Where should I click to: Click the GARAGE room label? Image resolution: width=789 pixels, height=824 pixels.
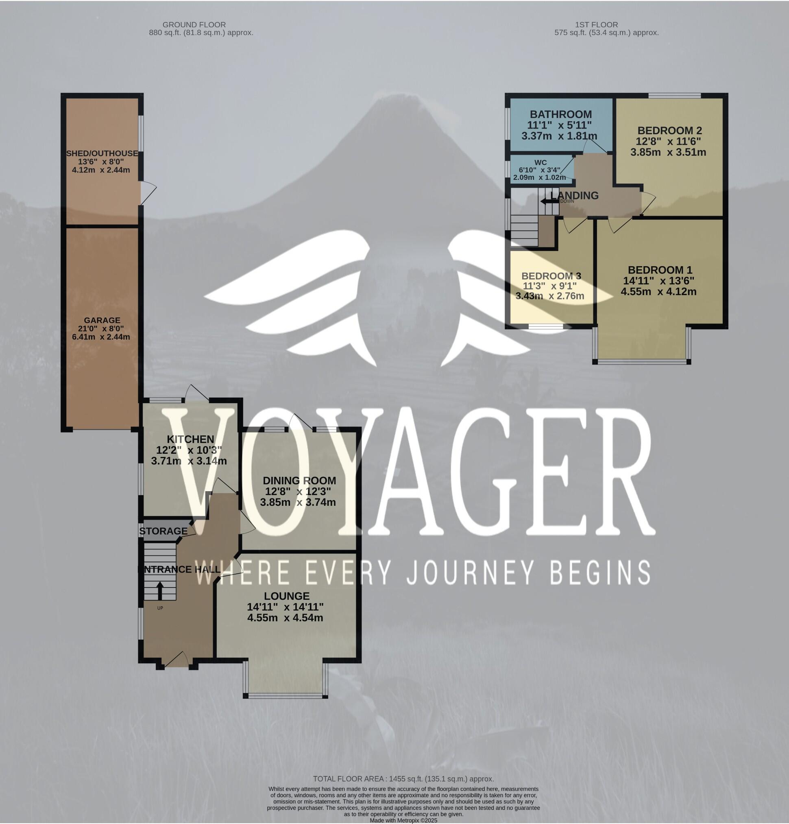(102, 320)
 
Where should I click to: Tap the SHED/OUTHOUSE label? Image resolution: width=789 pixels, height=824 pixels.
(102, 153)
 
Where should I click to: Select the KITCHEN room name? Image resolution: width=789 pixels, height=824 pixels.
(190, 439)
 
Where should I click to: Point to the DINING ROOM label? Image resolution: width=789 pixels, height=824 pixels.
(299, 481)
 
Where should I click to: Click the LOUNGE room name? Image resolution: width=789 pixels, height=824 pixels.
(287, 596)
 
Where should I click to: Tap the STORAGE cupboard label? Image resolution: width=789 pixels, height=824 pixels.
(163, 531)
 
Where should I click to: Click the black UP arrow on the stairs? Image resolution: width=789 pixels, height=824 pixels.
(160, 591)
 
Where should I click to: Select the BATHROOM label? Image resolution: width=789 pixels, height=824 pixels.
(560, 114)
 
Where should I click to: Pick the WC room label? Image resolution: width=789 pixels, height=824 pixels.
(540, 163)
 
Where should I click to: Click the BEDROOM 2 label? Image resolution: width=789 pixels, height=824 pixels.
(669, 131)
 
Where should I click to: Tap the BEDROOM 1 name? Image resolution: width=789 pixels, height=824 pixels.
(660, 270)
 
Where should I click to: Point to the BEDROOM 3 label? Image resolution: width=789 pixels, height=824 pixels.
(551, 276)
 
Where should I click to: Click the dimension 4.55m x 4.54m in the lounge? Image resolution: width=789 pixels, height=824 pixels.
(285, 618)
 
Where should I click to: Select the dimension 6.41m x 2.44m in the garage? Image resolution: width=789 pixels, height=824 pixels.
(101, 337)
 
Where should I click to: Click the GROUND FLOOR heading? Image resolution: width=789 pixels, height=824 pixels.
(194, 25)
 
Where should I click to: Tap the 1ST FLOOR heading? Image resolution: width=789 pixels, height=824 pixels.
(596, 25)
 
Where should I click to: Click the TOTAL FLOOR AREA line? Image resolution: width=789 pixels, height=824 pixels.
(403, 779)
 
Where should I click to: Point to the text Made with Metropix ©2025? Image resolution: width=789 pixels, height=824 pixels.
(403, 820)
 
